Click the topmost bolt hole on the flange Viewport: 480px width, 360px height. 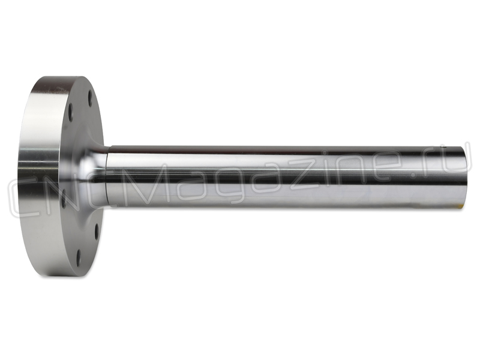pyautogui.click(x=90, y=98)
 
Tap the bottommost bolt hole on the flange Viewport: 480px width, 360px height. pyautogui.click(x=79, y=258)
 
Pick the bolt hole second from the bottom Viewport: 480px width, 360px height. pyautogui.click(x=97, y=232)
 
